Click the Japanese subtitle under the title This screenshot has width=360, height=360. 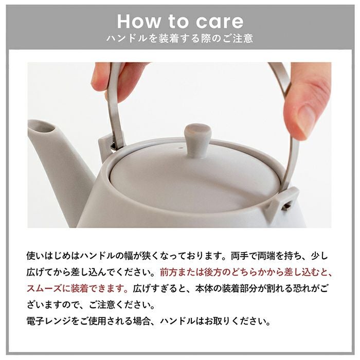point(179,39)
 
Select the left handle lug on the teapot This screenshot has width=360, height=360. point(110,145)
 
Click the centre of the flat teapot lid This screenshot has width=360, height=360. point(195,177)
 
